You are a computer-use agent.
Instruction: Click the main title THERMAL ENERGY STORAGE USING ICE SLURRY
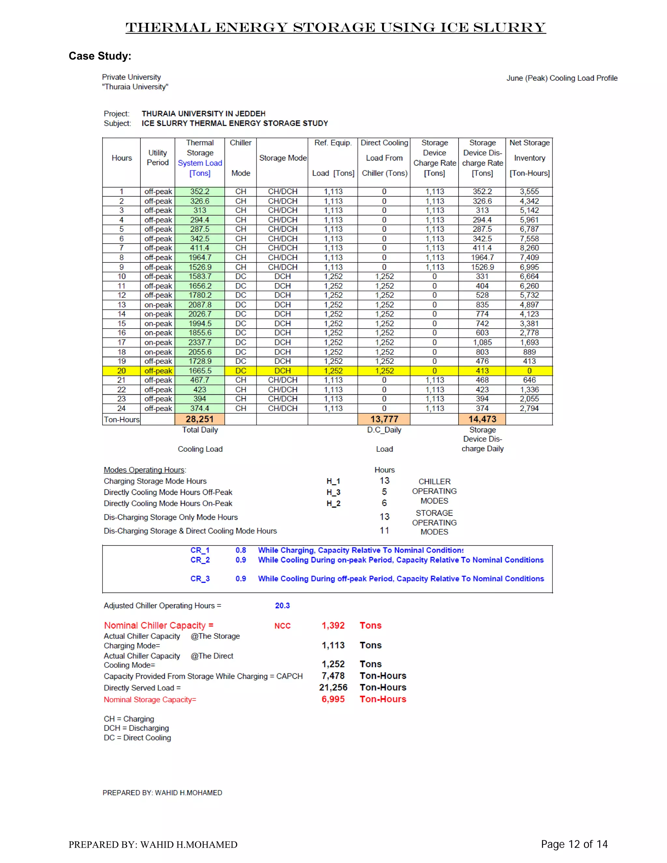click(x=335, y=27)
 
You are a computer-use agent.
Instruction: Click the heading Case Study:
click(x=100, y=56)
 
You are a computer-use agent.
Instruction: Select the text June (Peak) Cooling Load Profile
click(x=561, y=78)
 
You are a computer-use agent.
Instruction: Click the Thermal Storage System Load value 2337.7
click(x=200, y=342)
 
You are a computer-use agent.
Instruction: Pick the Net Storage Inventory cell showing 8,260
click(x=529, y=248)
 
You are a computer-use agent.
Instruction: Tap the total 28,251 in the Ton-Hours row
click(x=200, y=419)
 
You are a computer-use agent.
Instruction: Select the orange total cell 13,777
click(x=384, y=419)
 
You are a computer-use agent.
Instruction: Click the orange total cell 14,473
click(x=482, y=419)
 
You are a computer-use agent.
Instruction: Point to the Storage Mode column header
click(x=282, y=158)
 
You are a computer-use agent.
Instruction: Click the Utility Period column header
click(x=157, y=158)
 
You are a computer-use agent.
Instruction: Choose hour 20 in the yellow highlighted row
click(x=121, y=371)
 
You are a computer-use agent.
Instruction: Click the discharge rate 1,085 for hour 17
click(x=482, y=342)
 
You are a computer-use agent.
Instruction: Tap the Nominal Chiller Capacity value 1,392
click(x=333, y=625)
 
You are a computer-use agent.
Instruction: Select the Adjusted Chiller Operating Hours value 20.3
click(x=282, y=605)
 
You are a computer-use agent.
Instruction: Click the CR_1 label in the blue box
click(x=200, y=550)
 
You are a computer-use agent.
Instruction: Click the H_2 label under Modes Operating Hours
click(x=333, y=503)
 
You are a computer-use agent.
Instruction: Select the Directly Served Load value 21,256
click(x=333, y=687)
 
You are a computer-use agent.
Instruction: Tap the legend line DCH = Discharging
click(x=136, y=728)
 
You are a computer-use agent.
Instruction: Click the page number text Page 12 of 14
click(x=574, y=844)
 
